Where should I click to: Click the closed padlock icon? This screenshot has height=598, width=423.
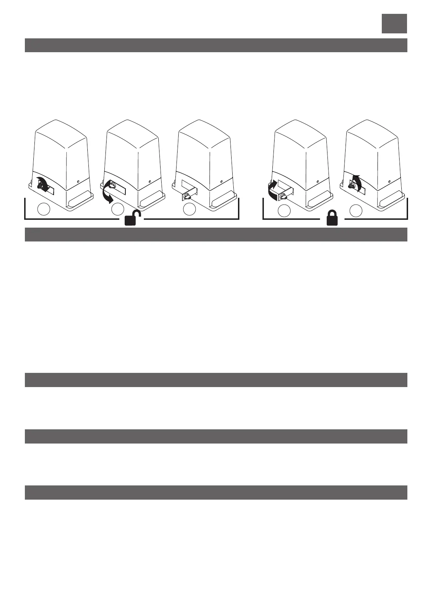332,218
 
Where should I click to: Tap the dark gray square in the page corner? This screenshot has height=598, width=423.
394,24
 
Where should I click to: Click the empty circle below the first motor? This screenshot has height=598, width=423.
44,210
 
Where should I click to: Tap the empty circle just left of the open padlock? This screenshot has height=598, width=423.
117,210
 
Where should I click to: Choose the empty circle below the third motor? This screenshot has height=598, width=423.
190,210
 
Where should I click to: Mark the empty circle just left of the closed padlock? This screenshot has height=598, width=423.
284,211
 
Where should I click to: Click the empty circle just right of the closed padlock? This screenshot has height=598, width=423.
356,211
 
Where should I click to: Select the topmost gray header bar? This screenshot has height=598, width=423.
216,45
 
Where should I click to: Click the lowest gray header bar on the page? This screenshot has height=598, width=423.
216,493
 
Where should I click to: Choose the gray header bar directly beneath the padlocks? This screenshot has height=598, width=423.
216,235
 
